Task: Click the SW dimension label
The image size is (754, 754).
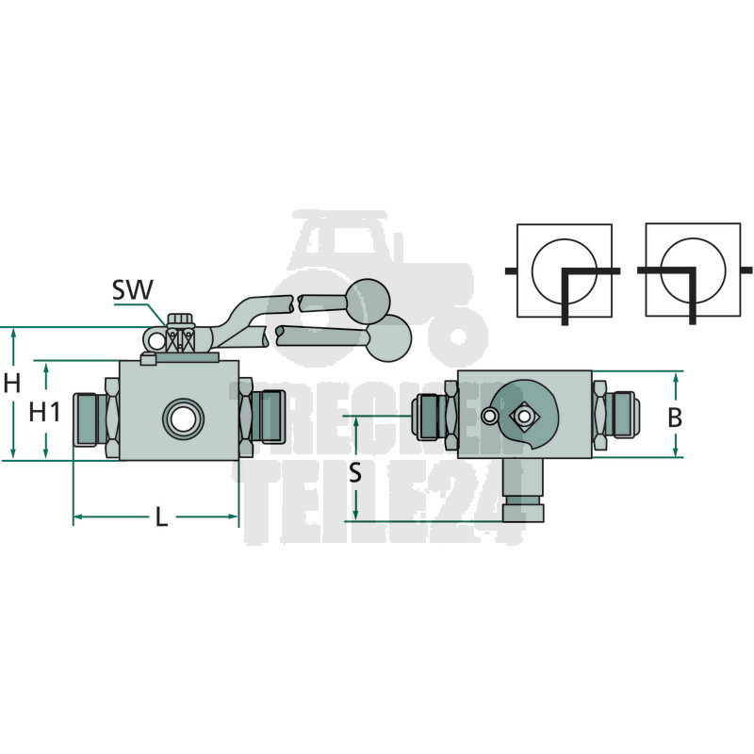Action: (x=132, y=289)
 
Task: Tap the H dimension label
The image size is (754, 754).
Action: (x=12, y=384)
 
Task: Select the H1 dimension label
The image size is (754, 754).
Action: (x=44, y=412)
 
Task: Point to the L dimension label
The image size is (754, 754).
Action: (x=161, y=517)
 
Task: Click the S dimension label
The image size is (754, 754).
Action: (x=355, y=473)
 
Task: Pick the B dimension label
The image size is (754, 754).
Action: (x=675, y=418)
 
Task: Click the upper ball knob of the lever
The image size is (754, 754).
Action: (x=368, y=301)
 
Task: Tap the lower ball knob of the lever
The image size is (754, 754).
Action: (x=389, y=339)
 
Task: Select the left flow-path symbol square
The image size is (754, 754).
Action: (x=564, y=270)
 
